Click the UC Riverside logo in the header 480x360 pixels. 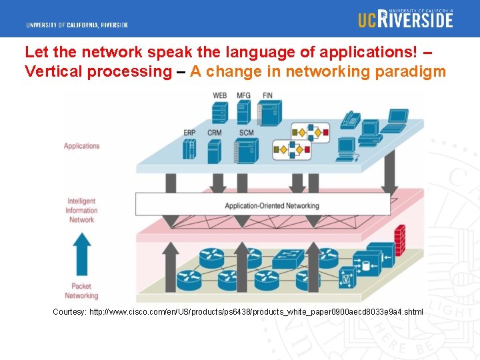[405, 18]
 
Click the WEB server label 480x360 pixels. [219, 95]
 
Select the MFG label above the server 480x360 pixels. [244, 95]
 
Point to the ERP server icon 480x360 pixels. [190, 149]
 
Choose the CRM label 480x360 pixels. [215, 133]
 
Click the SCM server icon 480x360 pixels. [246, 150]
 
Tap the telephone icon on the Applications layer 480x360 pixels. [350, 120]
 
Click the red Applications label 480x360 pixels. [82, 146]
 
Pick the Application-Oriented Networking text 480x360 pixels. [272, 205]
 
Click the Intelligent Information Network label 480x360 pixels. [82, 210]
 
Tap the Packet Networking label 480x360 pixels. [81, 291]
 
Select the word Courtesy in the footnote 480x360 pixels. [69, 312]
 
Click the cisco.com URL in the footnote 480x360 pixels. [256, 312]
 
